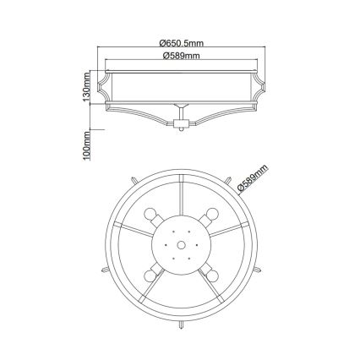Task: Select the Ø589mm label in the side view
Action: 181,55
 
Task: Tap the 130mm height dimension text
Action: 85,86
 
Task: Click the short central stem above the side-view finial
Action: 179,112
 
